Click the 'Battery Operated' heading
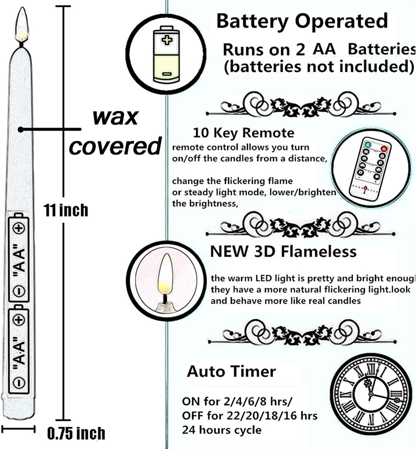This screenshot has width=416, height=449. pos(302,21)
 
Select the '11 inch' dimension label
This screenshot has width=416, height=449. pos(66,210)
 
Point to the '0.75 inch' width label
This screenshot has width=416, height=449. pos(76,434)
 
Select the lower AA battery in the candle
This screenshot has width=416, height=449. pos(18,346)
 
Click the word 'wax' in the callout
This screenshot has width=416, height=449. pos(115,117)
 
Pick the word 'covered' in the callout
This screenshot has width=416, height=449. pos(115,146)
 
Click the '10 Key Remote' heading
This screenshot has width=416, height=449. pos(244,132)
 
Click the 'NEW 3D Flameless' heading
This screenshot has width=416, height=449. pos(283,251)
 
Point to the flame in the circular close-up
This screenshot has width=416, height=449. pos(165,275)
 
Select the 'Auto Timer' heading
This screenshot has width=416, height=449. pos(231,371)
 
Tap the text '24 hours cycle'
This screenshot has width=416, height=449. pos(222,430)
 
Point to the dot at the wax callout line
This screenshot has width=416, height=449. pos(20,129)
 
